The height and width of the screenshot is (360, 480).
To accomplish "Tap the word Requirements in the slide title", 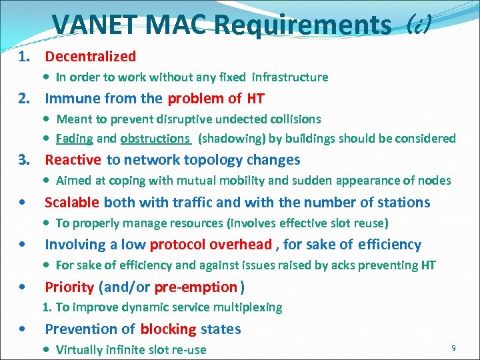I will tap(303, 25).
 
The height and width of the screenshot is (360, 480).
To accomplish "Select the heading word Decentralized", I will tap(90, 57).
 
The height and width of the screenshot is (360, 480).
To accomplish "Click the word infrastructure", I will tap(290, 77).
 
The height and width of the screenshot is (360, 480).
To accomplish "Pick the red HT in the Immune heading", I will tap(255, 99).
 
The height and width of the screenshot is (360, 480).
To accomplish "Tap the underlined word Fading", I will tap(75, 139).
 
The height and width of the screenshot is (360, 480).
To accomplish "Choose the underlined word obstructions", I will tap(155, 139).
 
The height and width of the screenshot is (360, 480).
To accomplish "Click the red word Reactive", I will tap(73, 160).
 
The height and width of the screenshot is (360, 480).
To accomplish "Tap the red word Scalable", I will tap(72, 202).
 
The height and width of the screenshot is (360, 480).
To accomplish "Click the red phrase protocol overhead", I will tap(211, 245).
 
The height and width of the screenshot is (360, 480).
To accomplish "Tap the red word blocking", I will tap(168, 329).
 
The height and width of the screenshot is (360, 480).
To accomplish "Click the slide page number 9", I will tap(453, 347).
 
